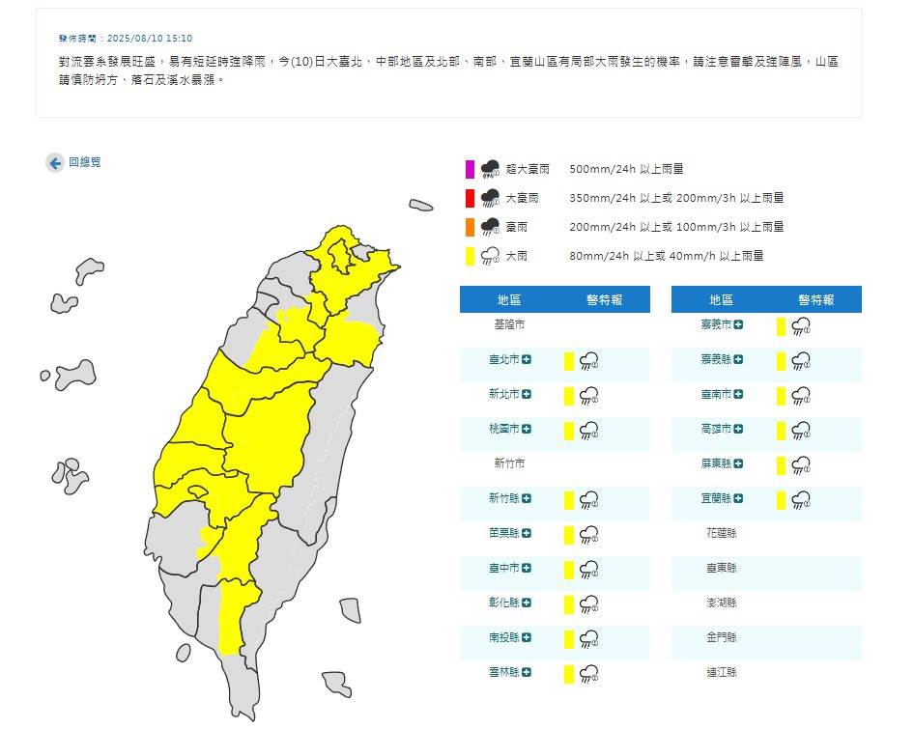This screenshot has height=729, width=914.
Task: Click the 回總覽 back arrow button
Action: tap(55, 163)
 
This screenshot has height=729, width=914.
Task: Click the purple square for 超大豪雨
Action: tap(470, 170)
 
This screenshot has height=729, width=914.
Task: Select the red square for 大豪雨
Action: tap(470, 199)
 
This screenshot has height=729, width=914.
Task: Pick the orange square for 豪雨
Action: tap(470, 228)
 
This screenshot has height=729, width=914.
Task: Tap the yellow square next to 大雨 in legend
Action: tap(470, 257)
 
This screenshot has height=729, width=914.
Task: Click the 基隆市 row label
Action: tap(508, 325)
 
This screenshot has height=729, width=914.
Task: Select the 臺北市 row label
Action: tap(503, 360)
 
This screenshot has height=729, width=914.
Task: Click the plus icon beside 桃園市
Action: tap(528, 429)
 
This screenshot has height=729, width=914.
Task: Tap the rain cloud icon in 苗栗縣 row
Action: tap(588, 534)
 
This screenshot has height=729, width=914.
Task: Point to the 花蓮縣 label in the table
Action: tap(721, 533)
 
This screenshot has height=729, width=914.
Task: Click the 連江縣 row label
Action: tap(721, 672)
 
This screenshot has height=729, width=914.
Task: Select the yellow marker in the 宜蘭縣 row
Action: tap(782, 499)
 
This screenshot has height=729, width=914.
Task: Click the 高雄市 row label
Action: tap(716, 429)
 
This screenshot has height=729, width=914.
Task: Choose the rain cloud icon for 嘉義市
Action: tap(801, 326)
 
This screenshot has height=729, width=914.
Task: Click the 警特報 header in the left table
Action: tap(604, 300)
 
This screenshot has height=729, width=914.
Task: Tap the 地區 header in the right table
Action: tap(721, 300)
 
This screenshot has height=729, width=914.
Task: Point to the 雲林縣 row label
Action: tap(503, 672)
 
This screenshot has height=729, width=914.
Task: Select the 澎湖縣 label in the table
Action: tap(721, 603)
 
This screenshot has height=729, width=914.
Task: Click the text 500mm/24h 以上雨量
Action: tap(626, 169)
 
